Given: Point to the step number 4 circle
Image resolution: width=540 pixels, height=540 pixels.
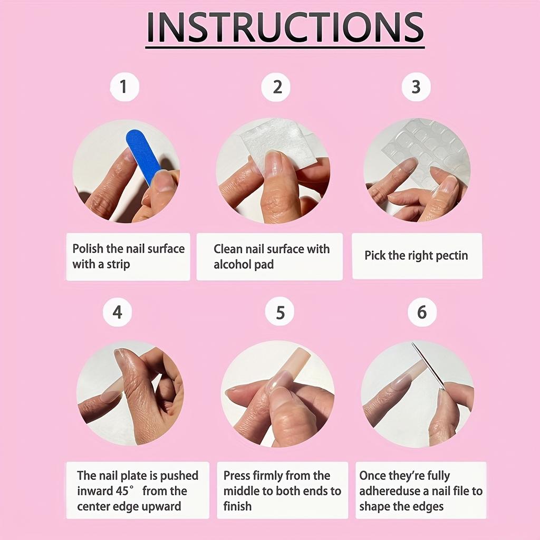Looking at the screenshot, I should click(117, 312).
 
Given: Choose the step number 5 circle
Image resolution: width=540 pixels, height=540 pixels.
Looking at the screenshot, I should click(281, 312).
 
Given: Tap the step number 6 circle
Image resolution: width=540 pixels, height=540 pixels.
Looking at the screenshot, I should click(422, 312).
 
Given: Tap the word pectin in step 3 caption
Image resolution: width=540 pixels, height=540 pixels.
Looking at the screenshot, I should click(452, 256).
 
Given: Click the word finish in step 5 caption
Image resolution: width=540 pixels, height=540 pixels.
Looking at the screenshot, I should click(237, 506).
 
